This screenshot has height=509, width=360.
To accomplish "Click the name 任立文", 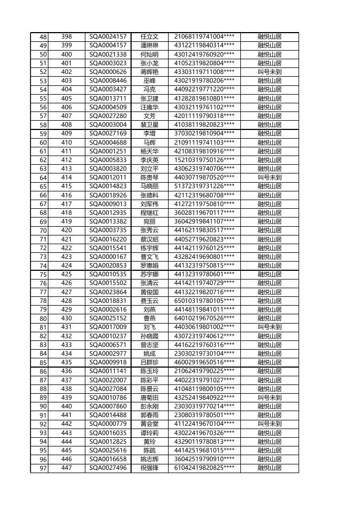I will tap(149, 36).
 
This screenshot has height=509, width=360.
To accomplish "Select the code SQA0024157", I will tap(108, 36).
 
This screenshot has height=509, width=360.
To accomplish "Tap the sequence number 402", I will tap(66, 72).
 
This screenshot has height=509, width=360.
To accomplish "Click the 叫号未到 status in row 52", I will tap(269, 72).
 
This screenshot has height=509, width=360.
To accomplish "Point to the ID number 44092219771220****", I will tap(204, 89).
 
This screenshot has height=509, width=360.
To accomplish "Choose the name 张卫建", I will tap(149, 98).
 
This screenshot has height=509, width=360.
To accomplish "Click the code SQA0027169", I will tap(108, 133).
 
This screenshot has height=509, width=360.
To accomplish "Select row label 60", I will tap(39, 142).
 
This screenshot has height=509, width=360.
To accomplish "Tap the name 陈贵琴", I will tap(149, 177).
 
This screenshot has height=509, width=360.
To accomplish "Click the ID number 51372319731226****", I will tap(204, 186).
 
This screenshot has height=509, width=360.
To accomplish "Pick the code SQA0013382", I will tap(108, 221).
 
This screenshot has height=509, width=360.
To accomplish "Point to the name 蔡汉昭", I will tap(149, 239).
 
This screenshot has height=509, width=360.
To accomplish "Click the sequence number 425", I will tap(66, 274).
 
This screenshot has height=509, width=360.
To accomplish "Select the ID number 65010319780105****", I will tap(204, 301).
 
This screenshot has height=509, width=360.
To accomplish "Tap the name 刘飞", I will tap(149, 327).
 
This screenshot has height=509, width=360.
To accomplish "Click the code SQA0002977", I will tap(108, 353).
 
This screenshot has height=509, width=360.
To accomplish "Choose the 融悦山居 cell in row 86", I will tap(269, 371).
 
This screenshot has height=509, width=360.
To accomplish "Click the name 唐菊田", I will tap(149, 398).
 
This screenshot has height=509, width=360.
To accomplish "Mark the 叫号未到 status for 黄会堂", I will tap(269, 424).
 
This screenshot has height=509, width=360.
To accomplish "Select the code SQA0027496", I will tap(108, 468).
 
